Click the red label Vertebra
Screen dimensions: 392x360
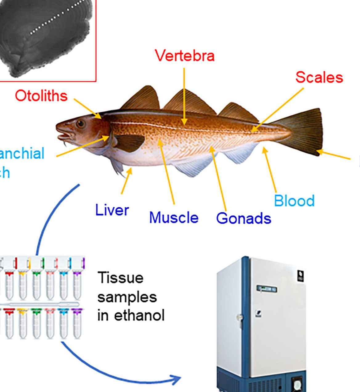point(184,56)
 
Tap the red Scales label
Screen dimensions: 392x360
point(319,77)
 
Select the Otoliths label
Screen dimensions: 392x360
point(41,96)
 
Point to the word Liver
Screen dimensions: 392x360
point(112,210)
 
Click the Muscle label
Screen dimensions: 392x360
point(174,218)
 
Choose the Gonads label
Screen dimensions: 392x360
point(243,218)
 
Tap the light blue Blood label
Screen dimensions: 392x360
point(294,201)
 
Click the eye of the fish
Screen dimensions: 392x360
point(81,124)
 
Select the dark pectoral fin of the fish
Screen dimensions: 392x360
point(129,142)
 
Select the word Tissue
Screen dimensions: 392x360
point(120,278)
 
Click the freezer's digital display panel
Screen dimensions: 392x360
point(266,289)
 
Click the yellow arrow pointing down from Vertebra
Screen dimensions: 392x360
point(184,95)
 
